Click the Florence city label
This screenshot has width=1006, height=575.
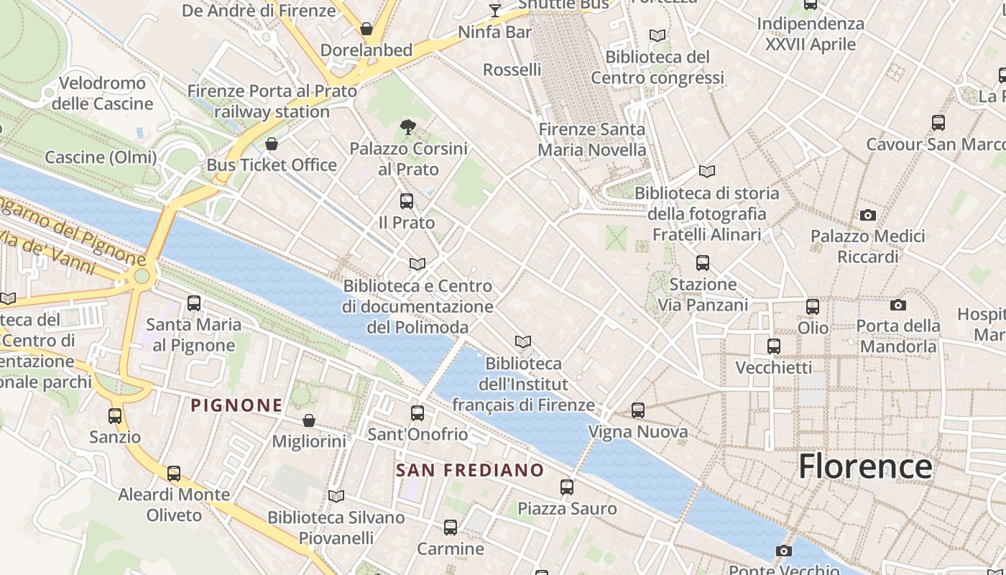click(865, 466)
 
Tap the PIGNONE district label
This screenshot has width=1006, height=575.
click(236, 405)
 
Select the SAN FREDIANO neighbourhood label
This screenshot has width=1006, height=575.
click(470, 471)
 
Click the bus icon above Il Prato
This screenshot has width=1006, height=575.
click(407, 201)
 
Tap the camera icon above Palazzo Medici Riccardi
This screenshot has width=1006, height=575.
click(868, 215)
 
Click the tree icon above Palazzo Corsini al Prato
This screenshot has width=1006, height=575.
click(407, 127)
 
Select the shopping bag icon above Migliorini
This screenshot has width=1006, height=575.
click(309, 420)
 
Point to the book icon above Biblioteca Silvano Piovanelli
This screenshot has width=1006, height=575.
click(336, 496)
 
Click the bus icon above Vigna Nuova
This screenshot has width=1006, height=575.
click(638, 410)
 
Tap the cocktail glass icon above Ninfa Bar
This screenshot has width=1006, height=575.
click(495, 10)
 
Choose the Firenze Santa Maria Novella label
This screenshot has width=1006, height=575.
click(592, 139)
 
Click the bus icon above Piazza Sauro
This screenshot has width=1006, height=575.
click(567, 487)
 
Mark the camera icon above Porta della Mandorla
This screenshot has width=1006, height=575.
click(897, 305)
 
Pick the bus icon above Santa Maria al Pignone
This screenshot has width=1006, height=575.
click(194, 303)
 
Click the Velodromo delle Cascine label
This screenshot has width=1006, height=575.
click(102, 93)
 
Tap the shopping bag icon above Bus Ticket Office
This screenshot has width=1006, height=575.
click(272, 144)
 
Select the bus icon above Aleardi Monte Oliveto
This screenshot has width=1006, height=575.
click(174, 474)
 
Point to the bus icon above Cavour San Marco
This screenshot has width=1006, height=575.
click(938, 123)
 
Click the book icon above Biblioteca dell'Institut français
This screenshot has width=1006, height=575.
click(523, 342)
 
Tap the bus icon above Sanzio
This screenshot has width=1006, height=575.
click(115, 416)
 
